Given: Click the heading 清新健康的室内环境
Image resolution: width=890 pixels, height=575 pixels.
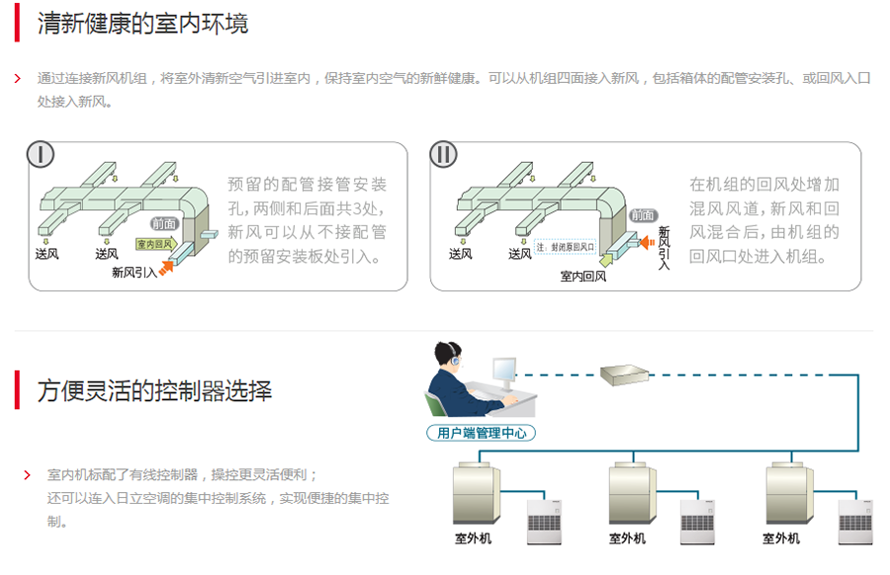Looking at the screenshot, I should (x=143, y=25).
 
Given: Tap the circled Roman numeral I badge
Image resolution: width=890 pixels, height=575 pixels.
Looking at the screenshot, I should (x=41, y=155).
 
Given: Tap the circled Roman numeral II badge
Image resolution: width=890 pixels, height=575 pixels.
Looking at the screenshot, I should (x=444, y=155).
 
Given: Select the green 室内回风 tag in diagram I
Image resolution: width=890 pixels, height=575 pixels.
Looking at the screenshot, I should (x=154, y=243).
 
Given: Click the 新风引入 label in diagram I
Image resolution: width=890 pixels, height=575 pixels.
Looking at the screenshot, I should (x=134, y=272).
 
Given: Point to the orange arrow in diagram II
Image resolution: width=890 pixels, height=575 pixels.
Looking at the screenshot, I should (x=647, y=240).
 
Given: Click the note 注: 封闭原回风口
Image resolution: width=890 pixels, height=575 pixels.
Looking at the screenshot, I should (x=566, y=247).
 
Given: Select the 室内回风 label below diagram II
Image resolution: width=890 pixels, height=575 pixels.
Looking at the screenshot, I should (x=583, y=277).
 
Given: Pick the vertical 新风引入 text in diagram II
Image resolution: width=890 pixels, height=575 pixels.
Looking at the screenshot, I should (x=664, y=247).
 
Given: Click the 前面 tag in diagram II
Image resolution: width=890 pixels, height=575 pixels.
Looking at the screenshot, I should (x=643, y=215).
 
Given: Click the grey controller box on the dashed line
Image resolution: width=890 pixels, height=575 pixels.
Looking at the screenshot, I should (x=624, y=373).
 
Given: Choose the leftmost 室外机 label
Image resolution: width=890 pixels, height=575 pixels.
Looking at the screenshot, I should (x=473, y=538).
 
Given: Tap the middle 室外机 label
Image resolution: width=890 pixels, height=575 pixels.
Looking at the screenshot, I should (x=627, y=538).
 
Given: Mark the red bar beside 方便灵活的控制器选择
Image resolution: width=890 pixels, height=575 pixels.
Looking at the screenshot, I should (x=17, y=389).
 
